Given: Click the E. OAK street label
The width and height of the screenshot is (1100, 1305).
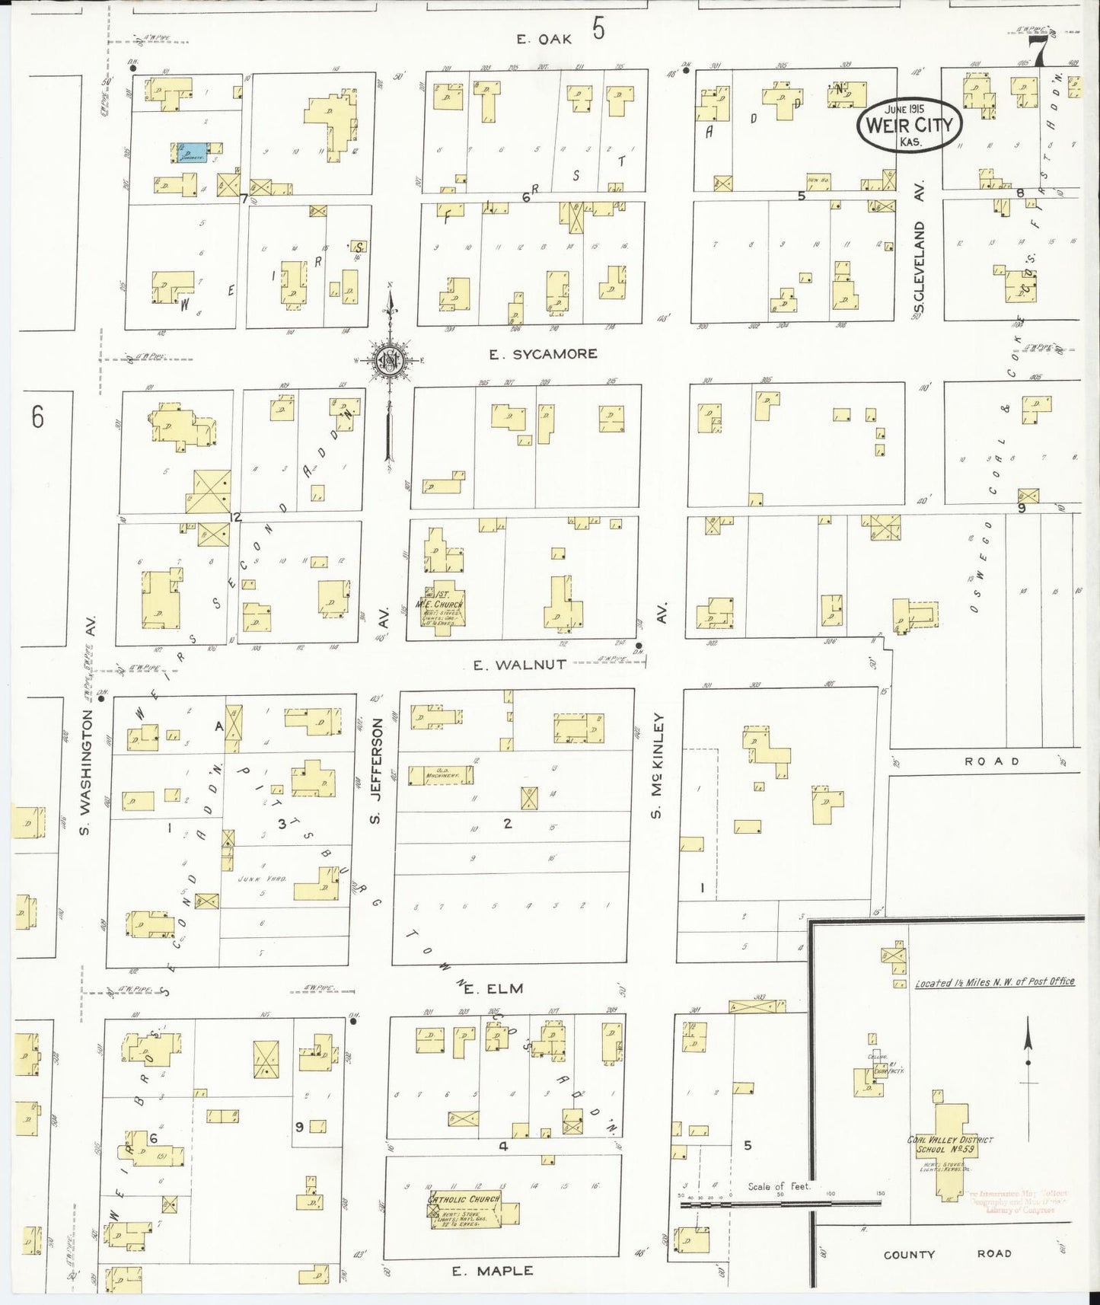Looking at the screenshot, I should click(544, 40).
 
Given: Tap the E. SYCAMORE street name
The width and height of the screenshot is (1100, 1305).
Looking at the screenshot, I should click(543, 354).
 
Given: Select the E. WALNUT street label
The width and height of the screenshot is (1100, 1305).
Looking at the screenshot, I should click(520, 665).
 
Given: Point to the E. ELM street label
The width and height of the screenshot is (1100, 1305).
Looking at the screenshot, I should click(493, 989).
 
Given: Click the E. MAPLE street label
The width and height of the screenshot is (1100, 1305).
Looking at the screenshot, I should click(493, 1271).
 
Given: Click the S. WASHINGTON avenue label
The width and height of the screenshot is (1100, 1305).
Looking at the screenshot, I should click(85, 771).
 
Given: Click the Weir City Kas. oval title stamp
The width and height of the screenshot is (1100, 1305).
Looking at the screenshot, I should click(909, 125).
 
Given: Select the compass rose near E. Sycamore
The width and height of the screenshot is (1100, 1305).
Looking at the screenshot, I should click(390, 359).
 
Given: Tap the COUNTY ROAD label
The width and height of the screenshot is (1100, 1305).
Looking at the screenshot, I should click(946, 1254).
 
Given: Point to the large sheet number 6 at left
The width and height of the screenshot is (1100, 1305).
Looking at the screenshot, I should click(38, 417).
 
